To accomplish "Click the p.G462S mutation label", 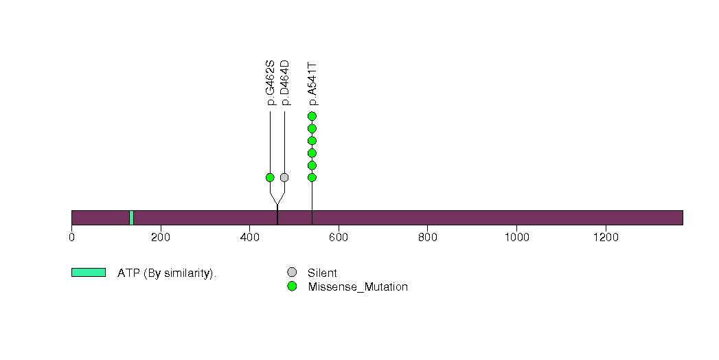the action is click(270, 82).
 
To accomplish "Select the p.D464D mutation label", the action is click(285, 82).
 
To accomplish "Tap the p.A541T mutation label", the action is click(312, 84).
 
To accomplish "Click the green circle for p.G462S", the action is click(270, 177).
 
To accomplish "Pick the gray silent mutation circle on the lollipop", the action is click(284, 177).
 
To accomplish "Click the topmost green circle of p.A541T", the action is click(312, 116).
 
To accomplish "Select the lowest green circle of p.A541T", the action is click(312, 177).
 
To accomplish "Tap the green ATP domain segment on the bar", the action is click(132, 218).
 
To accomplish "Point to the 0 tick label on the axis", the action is click(71, 238).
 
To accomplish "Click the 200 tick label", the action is click(161, 238).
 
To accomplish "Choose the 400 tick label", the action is click(249, 238).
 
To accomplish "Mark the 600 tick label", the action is click(339, 238).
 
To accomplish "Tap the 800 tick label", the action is click(427, 238).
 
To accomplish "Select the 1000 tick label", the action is click(517, 238).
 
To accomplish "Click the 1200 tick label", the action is click(606, 238).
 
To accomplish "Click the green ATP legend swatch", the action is click(89, 273).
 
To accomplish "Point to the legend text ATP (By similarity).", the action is click(167, 273).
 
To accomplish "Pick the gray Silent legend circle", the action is click(292, 273).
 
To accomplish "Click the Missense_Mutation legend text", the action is click(358, 287).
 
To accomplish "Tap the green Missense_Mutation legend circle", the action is click(292, 286).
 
